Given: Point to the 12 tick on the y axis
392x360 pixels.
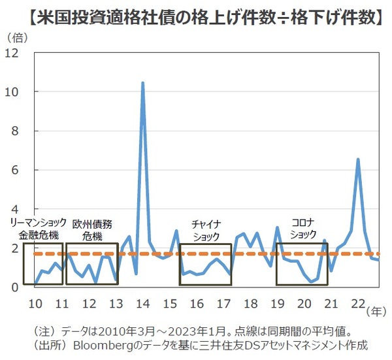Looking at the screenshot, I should click(x=12, y=53).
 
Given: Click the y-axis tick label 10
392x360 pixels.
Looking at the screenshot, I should click(x=12, y=92).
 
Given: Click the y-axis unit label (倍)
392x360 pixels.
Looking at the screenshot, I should click(x=18, y=37).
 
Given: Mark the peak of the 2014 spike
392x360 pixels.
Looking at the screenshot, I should click(x=142, y=83).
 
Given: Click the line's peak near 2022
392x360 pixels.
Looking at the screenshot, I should click(x=358, y=159).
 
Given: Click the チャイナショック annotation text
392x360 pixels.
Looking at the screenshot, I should click(x=206, y=229).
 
